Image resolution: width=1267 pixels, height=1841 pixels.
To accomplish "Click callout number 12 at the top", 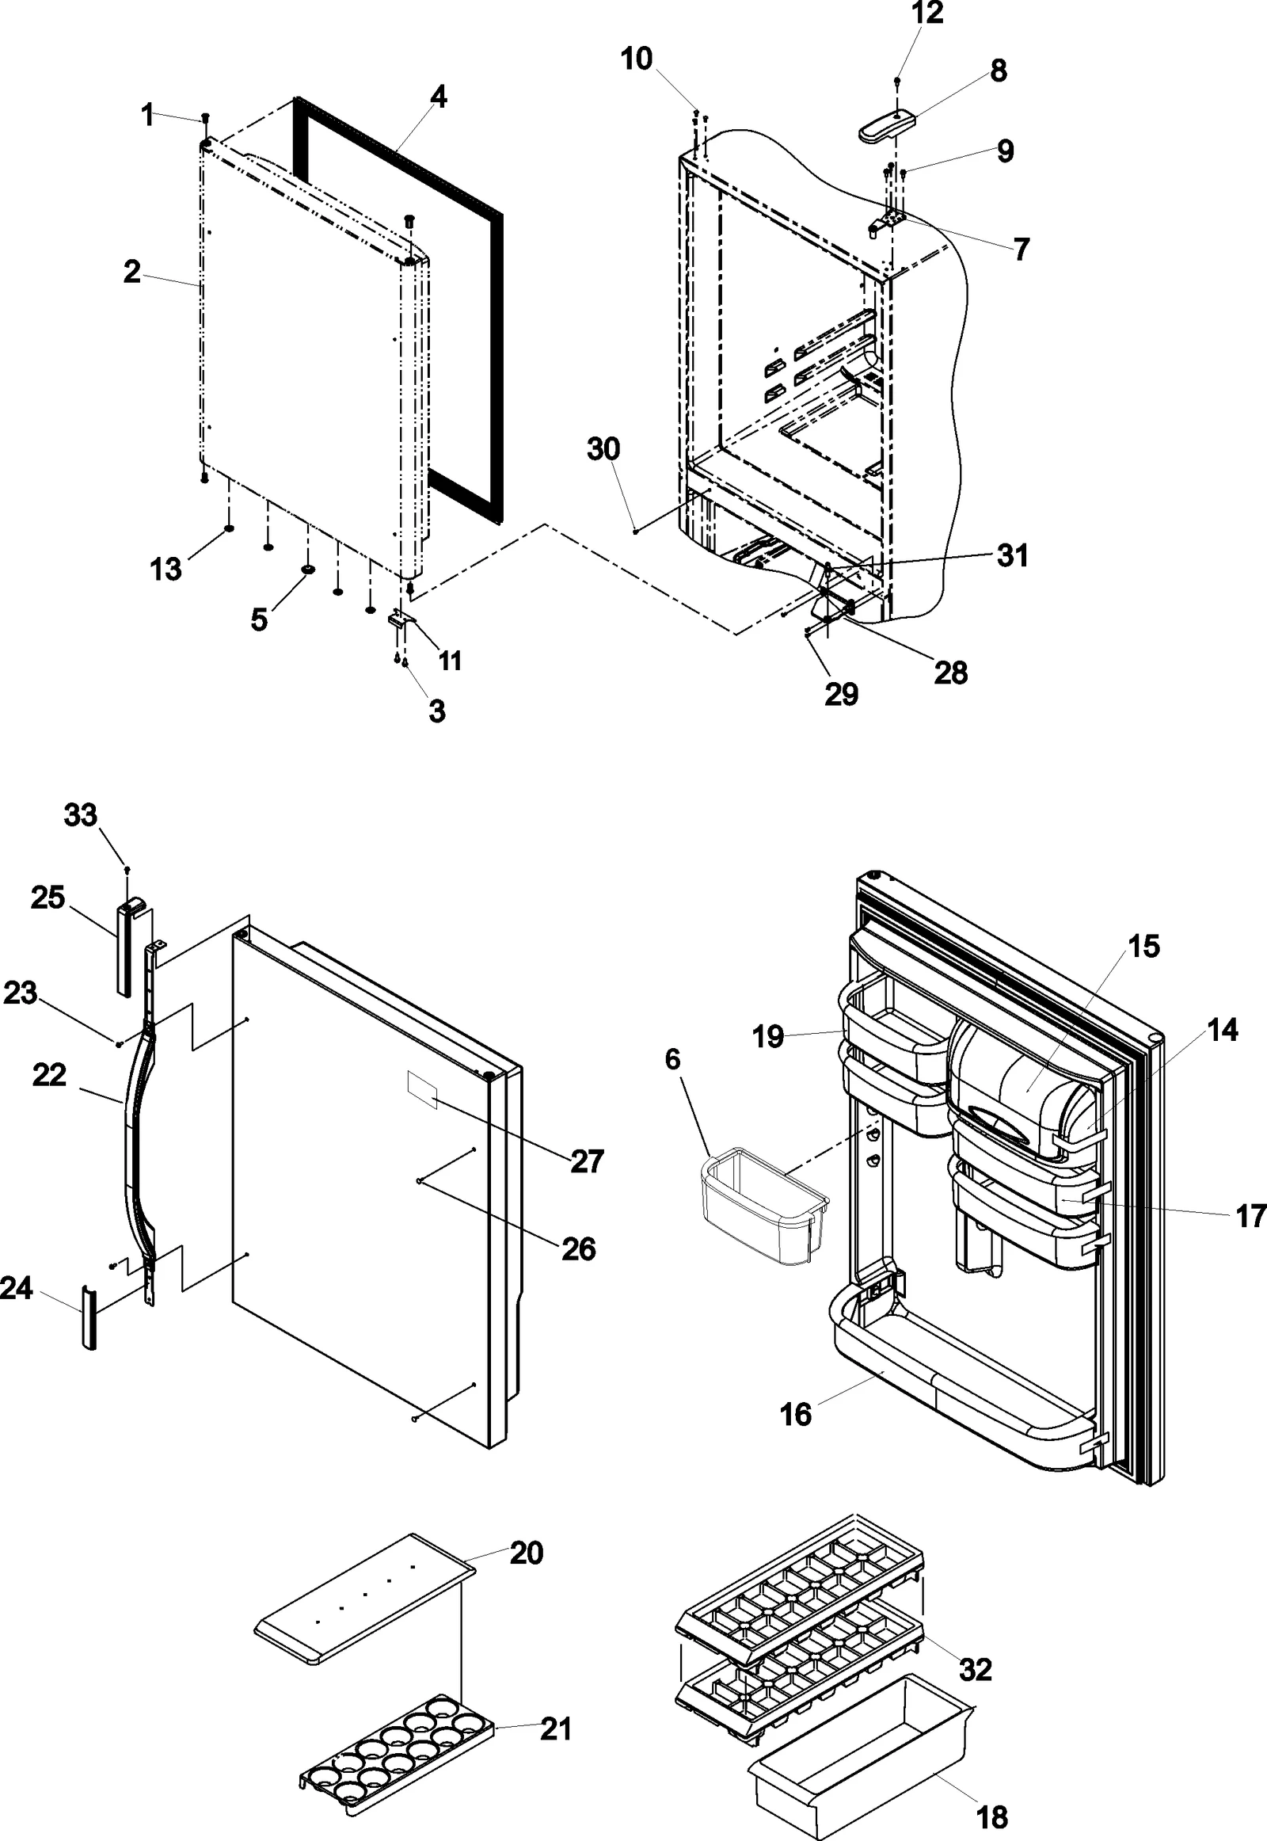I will click(x=927, y=13).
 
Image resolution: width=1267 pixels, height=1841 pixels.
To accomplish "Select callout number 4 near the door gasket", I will click(x=438, y=97).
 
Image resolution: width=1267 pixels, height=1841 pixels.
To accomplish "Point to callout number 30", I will click(x=603, y=449).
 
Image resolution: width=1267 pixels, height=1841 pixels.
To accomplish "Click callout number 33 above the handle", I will click(x=80, y=815).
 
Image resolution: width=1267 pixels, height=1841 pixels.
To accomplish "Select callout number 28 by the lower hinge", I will click(x=951, y=673).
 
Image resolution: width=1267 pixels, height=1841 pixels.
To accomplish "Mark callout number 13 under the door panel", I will click(x=166, y=569).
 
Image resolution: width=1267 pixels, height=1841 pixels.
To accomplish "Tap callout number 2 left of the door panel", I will click(x=131, y=272).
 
